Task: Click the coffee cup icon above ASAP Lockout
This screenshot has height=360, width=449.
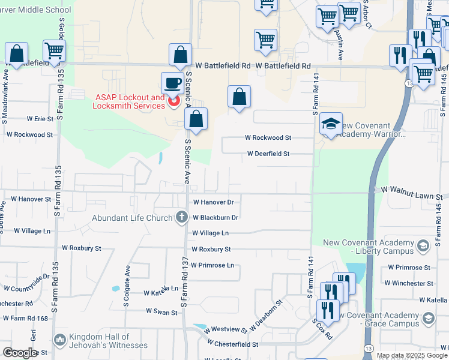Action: (x=173, y=83)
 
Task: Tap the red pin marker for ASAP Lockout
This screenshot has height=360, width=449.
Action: (x=174, y=101)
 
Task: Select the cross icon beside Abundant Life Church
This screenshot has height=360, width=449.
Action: (x=182, y=218)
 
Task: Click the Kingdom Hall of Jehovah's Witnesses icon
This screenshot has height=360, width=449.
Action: (x=59, y=340)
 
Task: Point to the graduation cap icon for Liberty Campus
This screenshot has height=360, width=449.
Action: (x=423, y=246)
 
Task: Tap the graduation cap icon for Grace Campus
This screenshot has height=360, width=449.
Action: (x=429, y=318)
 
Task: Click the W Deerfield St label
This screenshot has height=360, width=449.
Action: (x=268, y=154)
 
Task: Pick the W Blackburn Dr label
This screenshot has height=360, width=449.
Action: (x=215, y=218)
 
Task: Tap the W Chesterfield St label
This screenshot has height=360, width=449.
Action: (x=232, y=344)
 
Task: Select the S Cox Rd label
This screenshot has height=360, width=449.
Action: (x=322, y=329)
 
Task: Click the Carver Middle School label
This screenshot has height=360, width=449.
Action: (x=35, y=10)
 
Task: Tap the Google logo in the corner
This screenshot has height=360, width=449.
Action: (x=20, y=353)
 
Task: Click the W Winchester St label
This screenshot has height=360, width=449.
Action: (x=410, y=283)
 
